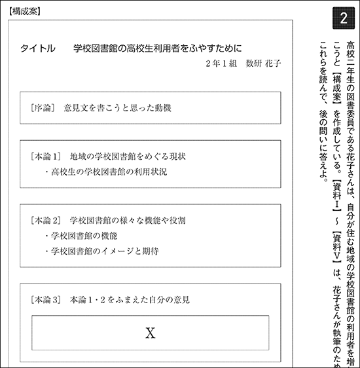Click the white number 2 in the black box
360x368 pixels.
344,19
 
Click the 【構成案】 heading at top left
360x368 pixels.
24,11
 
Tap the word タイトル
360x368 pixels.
37,48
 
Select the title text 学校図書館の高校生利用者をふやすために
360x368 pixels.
158,48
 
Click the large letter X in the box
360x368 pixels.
150,333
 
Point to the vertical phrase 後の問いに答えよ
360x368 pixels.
321,146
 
